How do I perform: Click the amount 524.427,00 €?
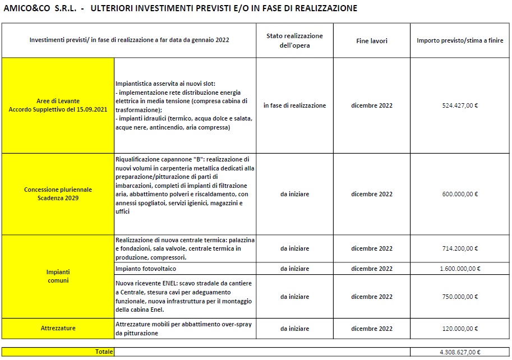coord(459,105)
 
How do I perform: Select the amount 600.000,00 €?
coord(459,194)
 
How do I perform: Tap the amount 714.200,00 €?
coord(459,248)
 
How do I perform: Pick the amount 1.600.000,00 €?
coord(459,269)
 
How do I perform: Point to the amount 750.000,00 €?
coord(459,297)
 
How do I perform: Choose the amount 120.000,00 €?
coord(459,329)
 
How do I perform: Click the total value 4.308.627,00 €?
coord(459,352)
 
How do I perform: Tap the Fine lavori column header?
coord(371,41)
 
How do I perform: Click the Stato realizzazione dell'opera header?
coord(294,40)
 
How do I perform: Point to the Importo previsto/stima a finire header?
coord(459,41)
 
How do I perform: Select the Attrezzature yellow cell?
coord(58,327)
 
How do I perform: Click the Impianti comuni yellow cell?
coord(58,276)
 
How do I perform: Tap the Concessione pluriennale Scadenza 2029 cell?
coord(58,193)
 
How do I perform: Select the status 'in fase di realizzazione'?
coord(294,105)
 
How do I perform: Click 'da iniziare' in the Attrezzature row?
coord(294,329)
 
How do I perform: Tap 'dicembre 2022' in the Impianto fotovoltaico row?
coord(371,269)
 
